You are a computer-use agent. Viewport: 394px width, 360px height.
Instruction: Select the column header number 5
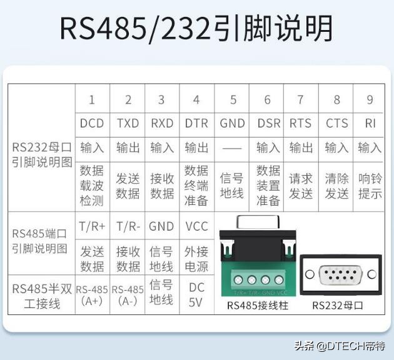coord(233,100)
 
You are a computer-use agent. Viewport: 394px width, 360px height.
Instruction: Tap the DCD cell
coord(92,123)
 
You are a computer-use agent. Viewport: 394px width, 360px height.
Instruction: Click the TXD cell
coord(128,123)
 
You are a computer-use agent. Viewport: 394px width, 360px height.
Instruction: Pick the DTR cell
coord(196,123)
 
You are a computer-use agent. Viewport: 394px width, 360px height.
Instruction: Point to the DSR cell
coord(268,123)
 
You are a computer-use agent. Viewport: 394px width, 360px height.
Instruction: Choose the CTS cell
coord(336,123)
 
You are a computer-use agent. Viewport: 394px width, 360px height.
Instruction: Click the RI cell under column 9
coord(370,123)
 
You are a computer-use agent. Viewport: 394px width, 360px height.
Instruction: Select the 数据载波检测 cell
coord(92,185)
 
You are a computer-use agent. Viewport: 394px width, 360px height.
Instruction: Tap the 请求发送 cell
coord(301,186)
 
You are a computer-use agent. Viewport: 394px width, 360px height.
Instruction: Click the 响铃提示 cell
coord(370,186)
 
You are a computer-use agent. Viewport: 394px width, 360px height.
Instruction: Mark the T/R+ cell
coord(92,226)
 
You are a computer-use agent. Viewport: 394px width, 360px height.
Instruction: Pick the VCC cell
coord(196,226)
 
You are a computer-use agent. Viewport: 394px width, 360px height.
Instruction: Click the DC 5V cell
coord(196,294)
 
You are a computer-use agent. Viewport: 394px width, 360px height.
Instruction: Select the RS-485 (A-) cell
coord(128,294)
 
